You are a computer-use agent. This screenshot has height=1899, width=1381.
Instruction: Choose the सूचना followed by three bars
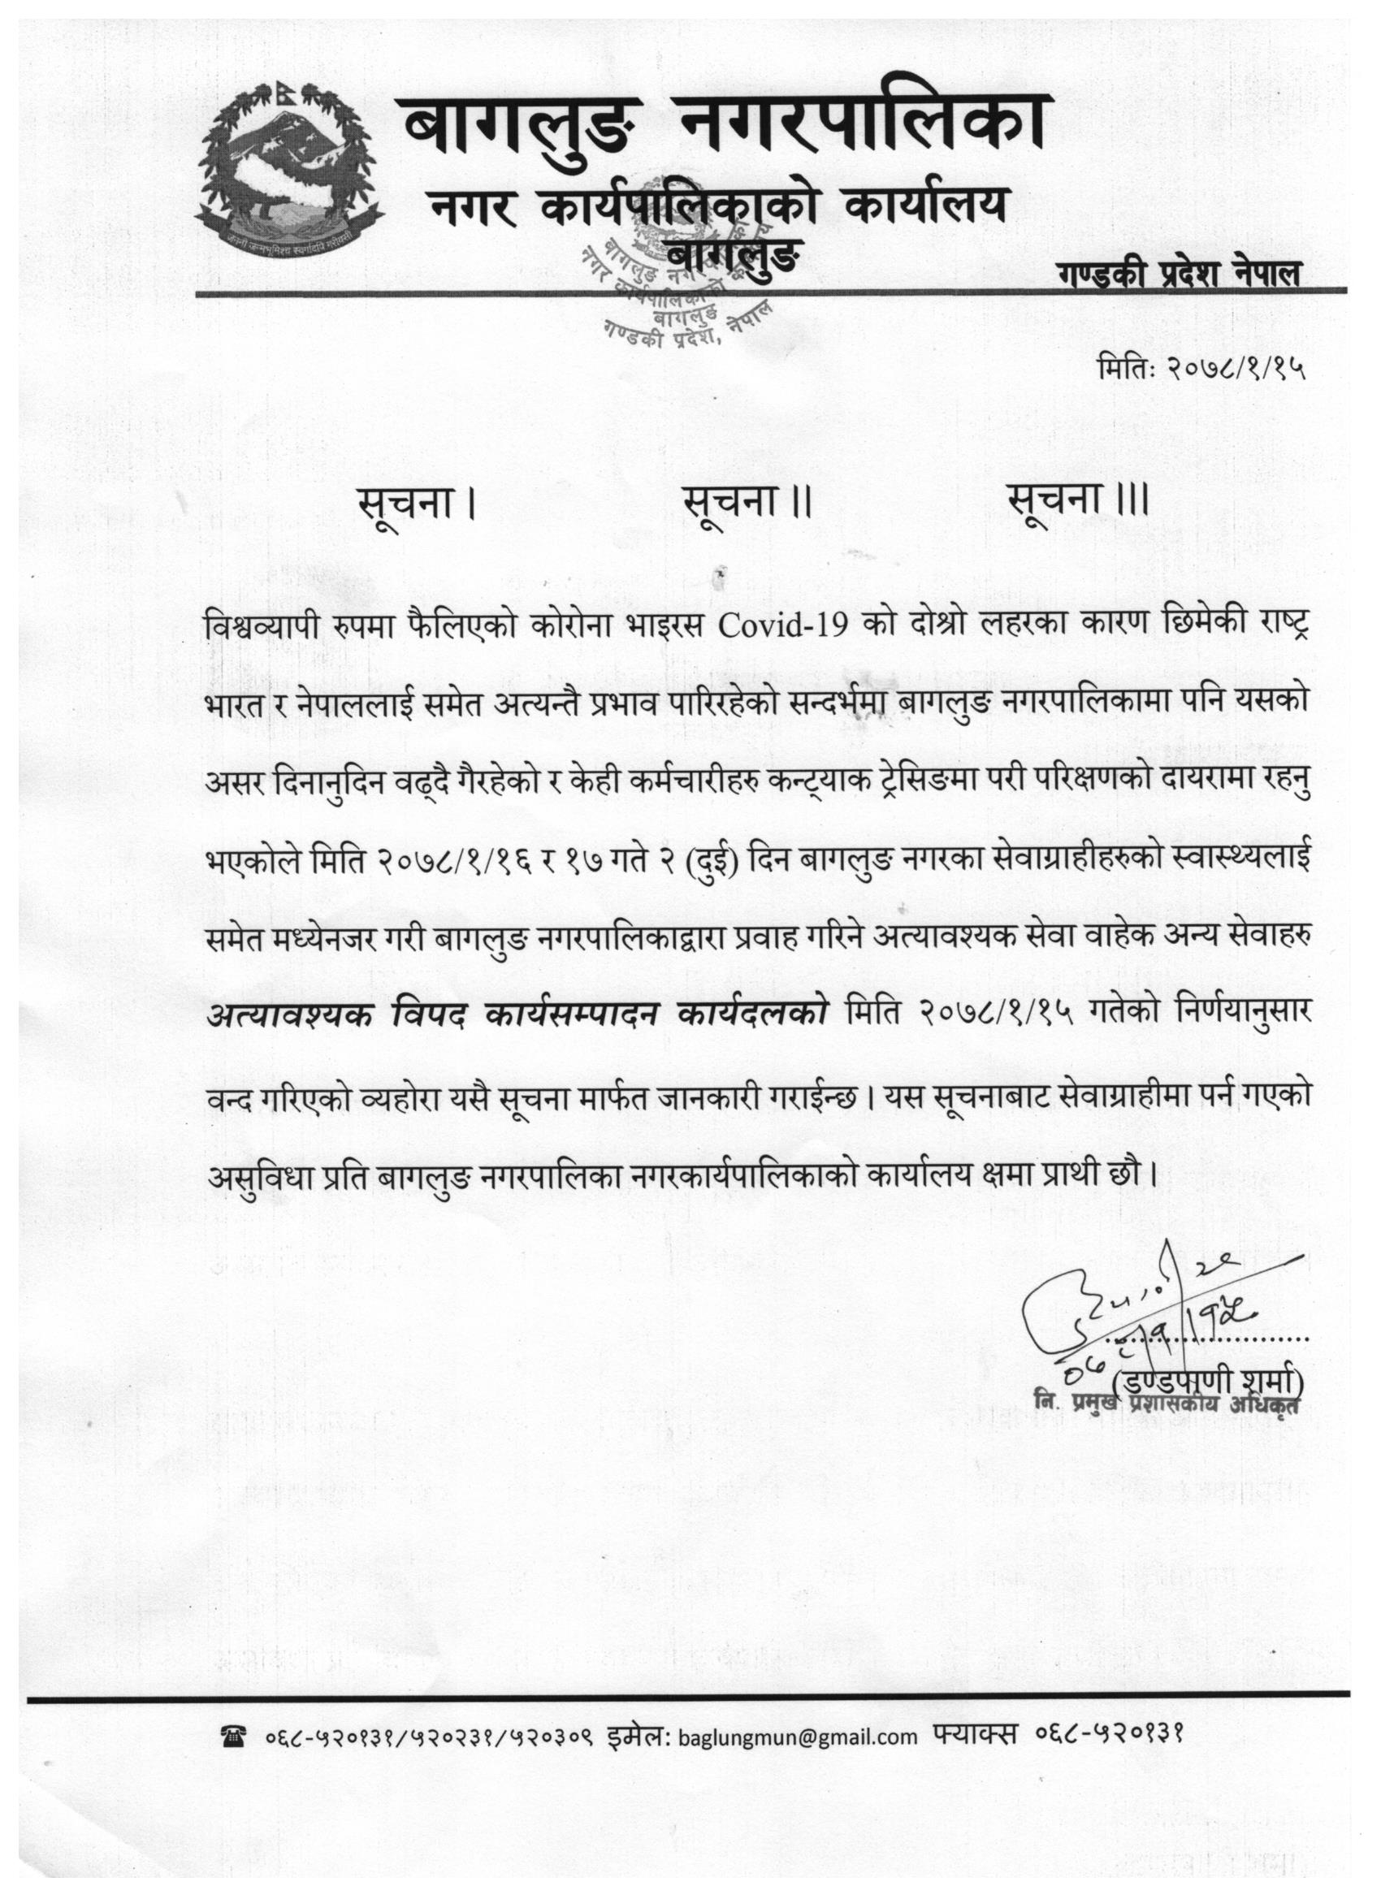[1077, 504]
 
